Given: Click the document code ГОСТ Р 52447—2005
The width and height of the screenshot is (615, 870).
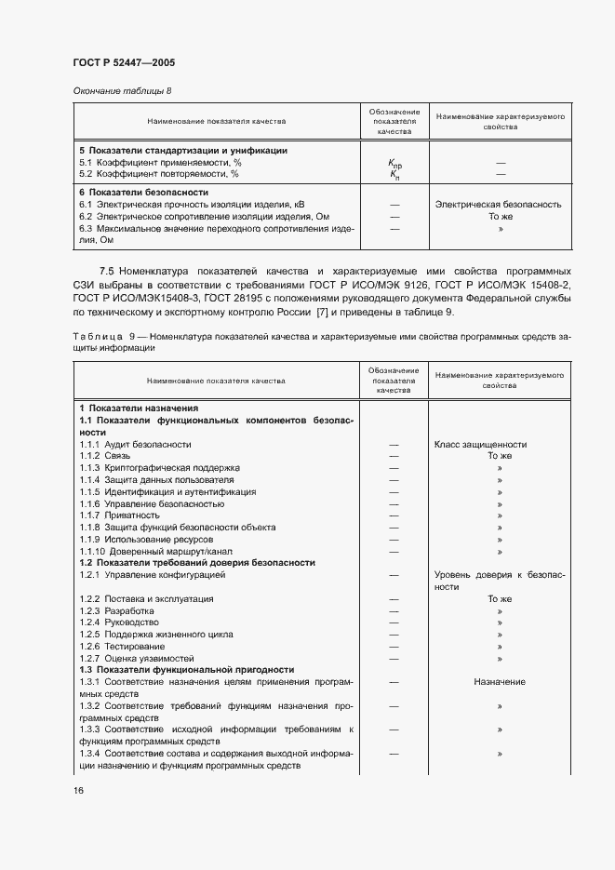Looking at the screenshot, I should pos(124,62).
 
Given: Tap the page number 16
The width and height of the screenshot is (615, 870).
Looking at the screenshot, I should pos(79,790).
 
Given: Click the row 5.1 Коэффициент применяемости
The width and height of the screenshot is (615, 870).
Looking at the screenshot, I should pos(159,163).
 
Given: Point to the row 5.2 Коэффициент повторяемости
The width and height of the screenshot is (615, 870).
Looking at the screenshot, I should pos(159,174).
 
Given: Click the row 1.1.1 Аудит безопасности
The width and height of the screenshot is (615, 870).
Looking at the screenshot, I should pos(135,444).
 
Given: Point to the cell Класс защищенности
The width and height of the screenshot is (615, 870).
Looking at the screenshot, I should pos(481,444).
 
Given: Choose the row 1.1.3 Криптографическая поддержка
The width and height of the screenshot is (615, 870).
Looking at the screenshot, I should pos(159,468).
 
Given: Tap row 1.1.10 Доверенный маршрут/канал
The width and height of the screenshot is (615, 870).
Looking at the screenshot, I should pos(154,551).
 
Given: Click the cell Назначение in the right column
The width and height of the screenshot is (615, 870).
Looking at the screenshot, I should pos(500,682).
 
